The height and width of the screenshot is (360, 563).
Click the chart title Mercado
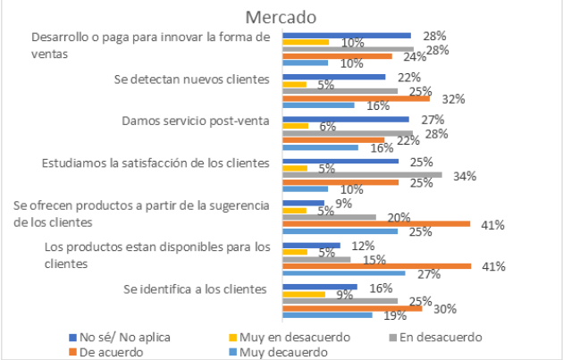[x=281, y=16]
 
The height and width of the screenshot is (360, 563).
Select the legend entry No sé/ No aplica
[x=116, y=337]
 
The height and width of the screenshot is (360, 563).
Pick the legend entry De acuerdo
[x=106, y=351]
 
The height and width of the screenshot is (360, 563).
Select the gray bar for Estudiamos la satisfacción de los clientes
[x=362, y=174]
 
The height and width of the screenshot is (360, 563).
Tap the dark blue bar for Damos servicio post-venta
[x=345, y=119]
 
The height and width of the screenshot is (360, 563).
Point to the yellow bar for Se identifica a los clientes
[x=304, y=293]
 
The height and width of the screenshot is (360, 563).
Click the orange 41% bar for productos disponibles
[x=376, y=265]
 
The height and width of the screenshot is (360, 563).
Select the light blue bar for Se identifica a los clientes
[x=327, y=314]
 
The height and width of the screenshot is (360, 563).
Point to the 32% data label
[x=453, y=99]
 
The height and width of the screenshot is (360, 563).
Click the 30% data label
[x=445, y=308]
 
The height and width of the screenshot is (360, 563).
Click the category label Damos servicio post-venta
[x=194, y=121]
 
